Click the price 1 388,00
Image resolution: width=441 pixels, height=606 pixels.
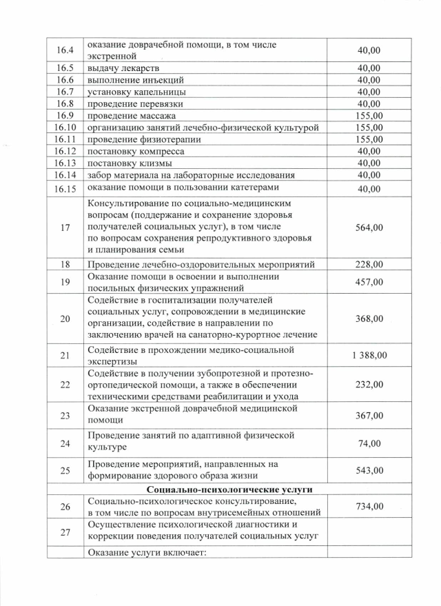(369, 355)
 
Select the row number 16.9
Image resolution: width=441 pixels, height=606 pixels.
(65, 116)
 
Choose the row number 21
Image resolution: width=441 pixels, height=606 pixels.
(65, 355)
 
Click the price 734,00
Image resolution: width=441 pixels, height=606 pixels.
(369, 507)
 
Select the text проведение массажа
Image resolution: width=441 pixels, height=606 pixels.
(132, 116)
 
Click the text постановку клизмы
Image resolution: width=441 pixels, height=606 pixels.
(129, 163)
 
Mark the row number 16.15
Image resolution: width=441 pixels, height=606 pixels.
(65, 189)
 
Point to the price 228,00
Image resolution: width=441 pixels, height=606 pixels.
(369, 264)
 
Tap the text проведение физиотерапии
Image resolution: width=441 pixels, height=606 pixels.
(139, 139)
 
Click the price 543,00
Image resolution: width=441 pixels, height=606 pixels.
(369, 471)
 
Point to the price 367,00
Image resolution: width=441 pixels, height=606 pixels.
(369, 415)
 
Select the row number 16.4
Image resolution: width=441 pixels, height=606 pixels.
(65, 50)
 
